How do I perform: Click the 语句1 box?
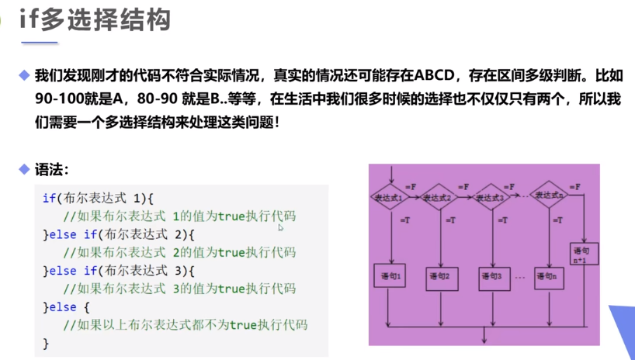pyautogui.click(x=390, y=275)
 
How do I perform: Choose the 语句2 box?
pyautogui.click(x=442, y=275)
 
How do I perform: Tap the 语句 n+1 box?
pyautogui.click(x=584, y=254)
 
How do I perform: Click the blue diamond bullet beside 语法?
pyautogui.click(x=25, y=169)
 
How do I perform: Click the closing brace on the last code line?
pyautogui.click(x=46, y=343)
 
